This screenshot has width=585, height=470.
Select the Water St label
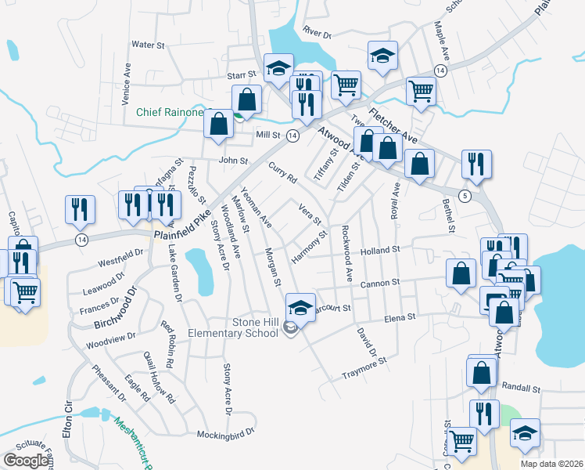coord(148,45)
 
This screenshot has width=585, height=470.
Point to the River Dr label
coord(318,34)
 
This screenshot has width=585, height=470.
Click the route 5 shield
coord(465,196)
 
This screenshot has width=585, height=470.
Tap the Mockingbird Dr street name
coord(226,432)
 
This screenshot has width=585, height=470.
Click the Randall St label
coord(522,389)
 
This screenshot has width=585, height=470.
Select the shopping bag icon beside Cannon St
coord(461,273)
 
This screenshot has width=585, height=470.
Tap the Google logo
coord(26,461)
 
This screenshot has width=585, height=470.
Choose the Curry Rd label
coord(283,173)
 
